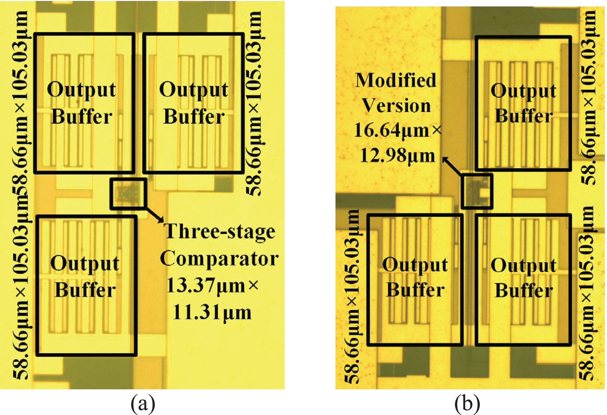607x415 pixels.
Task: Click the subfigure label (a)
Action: tap(143, 403)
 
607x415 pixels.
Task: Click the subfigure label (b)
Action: tap(467, 403)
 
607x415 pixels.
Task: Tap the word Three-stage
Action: tap(219, 231)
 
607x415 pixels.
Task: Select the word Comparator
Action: tap(219, 259)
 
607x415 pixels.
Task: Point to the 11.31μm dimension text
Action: tap(212, 313)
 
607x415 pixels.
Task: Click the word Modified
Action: tap(395, 80)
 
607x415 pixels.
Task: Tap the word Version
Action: tap(396, 106)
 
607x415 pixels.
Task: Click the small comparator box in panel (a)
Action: tap(128, 194)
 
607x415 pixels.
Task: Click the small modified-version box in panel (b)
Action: tap(477, 192)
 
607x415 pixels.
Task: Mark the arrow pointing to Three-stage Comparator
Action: tap(155, 215)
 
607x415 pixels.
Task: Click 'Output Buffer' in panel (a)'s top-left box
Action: tap(81, 103)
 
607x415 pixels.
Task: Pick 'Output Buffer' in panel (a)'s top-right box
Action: tap(193, 103)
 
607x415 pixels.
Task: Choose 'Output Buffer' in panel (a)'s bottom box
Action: tap(85, 276)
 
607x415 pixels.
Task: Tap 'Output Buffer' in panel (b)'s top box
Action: tap(523, 103)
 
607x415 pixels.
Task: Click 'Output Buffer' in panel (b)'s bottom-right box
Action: tap(523, 277)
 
